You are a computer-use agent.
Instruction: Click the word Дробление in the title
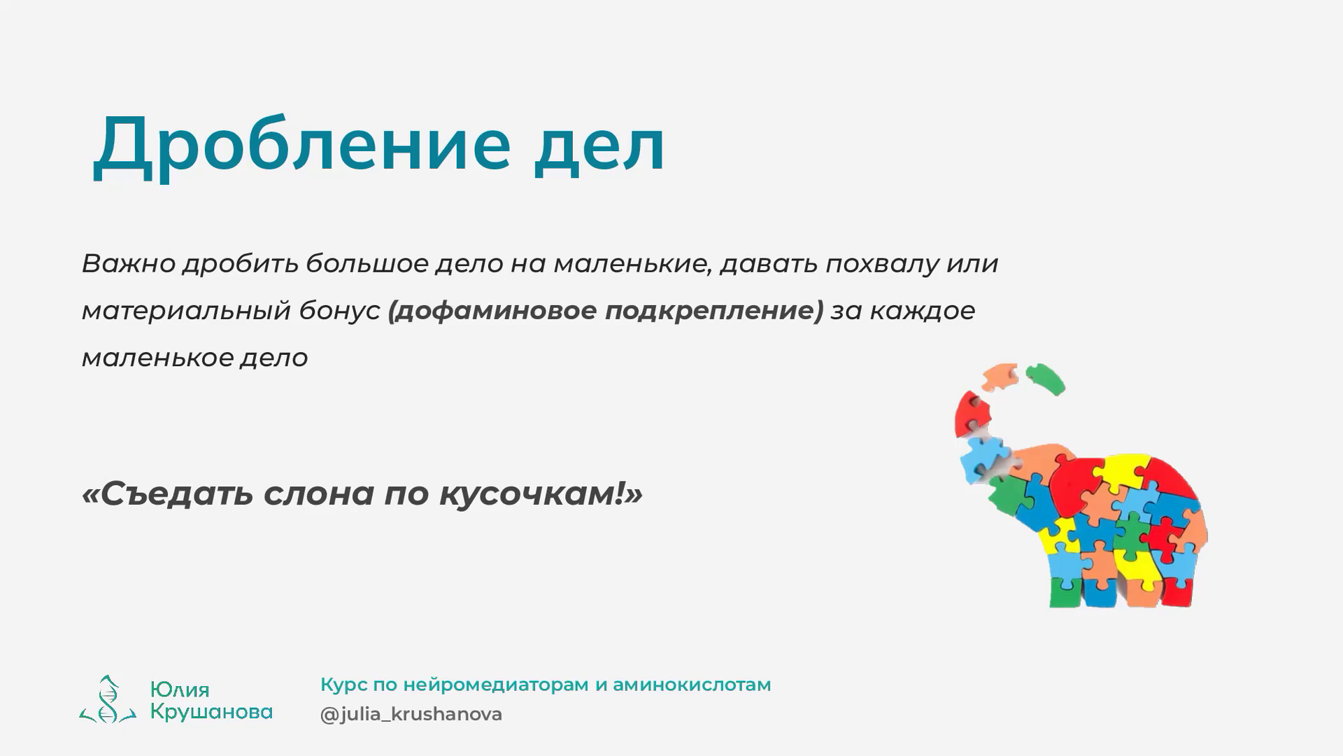click(301, 145)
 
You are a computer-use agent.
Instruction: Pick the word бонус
click(339, 310)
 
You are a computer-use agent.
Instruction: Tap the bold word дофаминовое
click(493, 310)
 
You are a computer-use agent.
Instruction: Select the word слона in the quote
click(319, 494)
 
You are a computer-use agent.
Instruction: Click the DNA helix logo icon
click(107, 699)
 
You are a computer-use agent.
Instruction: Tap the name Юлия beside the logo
click(179, 690)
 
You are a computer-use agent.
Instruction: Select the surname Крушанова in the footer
click(211, 712)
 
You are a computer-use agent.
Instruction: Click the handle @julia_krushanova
click(411, 714)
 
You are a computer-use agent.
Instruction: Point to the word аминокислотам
click(692, 685)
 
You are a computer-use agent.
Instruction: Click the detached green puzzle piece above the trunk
click(1044, 379)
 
